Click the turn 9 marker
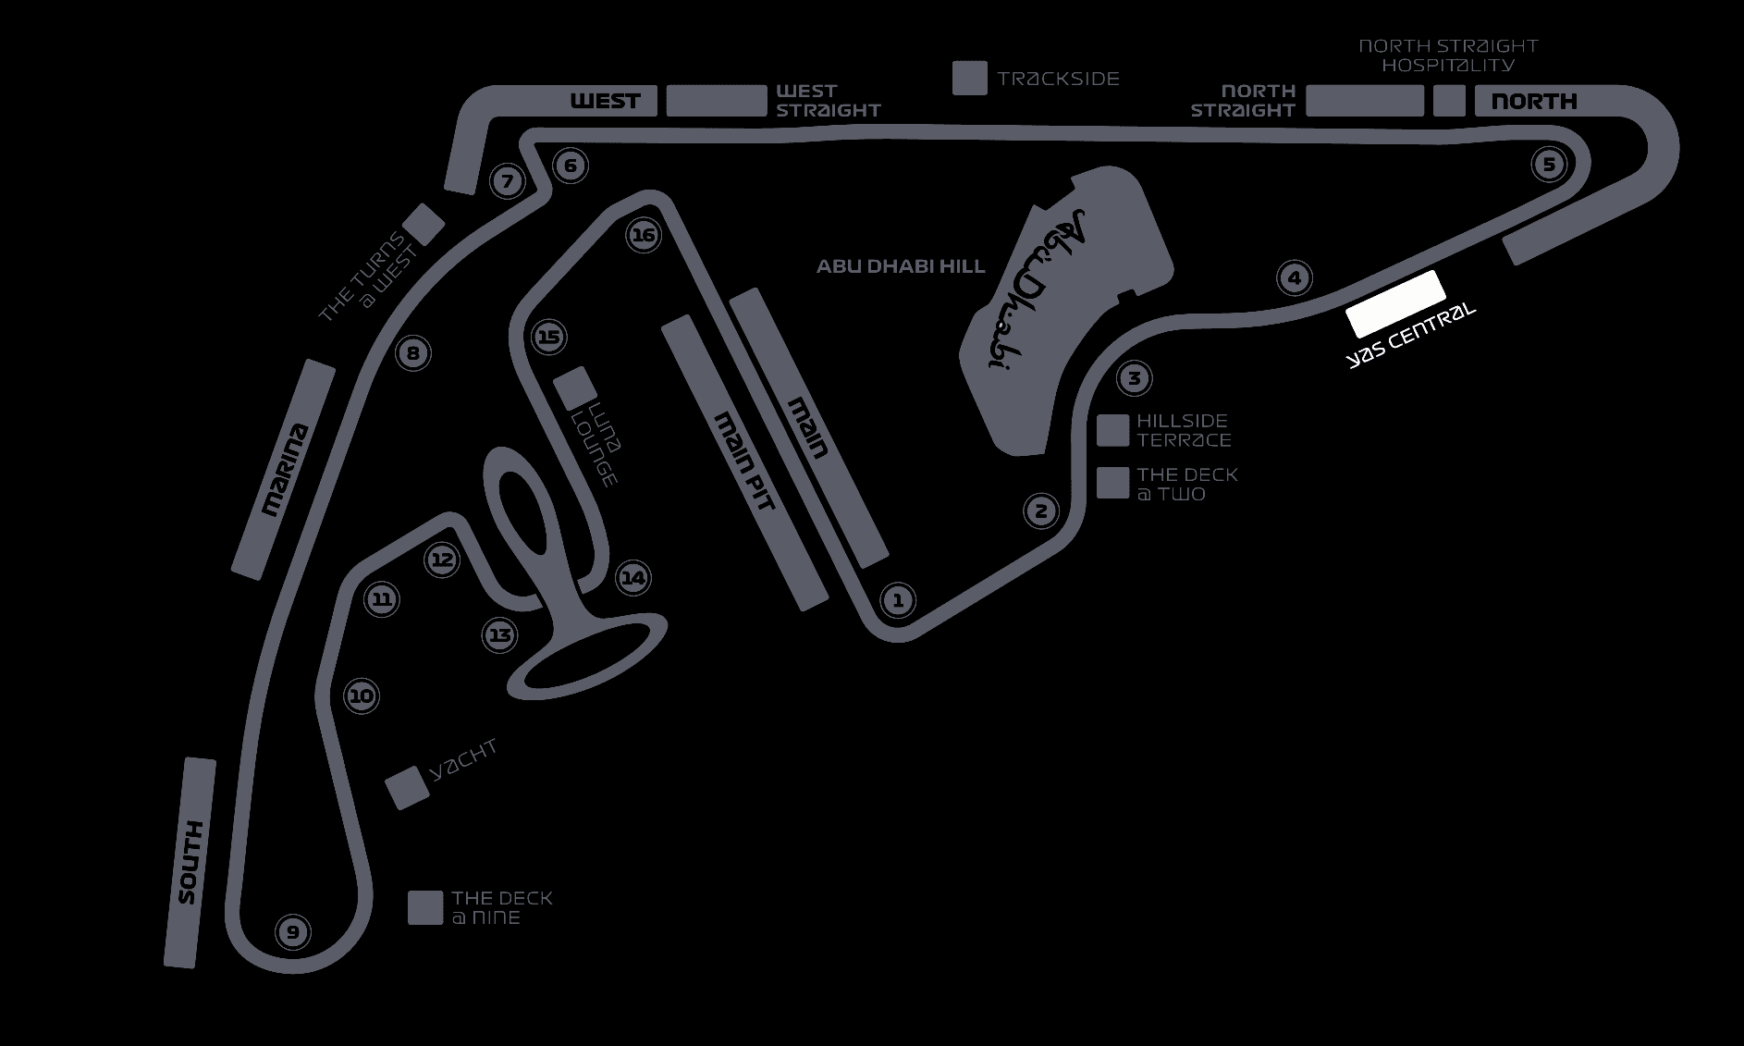pos(293,931)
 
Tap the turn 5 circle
pos(1549,165)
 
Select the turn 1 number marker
pos(897,599)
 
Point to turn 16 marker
pos(643,235)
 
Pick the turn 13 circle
pos(500,635)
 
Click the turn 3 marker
pos(1135,377)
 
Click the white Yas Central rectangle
pos(1394,303)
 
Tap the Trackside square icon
pos(970,78)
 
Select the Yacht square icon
pos(407,788)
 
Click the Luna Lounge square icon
pos(575,388)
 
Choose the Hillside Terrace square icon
pos(1113,430)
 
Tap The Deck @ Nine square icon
pos(425,907)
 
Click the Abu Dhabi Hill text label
pos(901,266)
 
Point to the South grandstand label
pos(189,863)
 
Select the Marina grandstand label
pos(284,469)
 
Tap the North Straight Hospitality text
pos(1448,55)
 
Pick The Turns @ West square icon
pos(425,224)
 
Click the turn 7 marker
pos(507,181)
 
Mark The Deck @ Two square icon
pos(1113,483)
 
